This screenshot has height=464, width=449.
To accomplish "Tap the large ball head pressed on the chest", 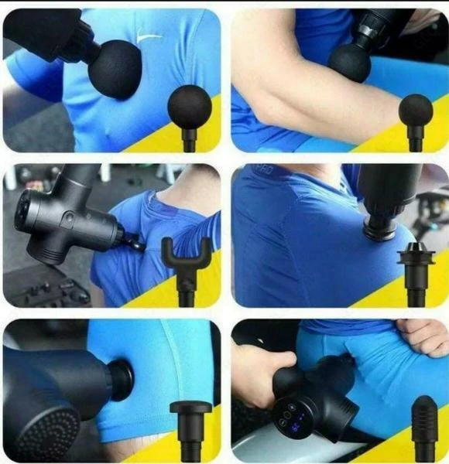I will click(x=115, y=69).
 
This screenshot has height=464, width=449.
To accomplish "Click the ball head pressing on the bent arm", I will click(x=351, y=62).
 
